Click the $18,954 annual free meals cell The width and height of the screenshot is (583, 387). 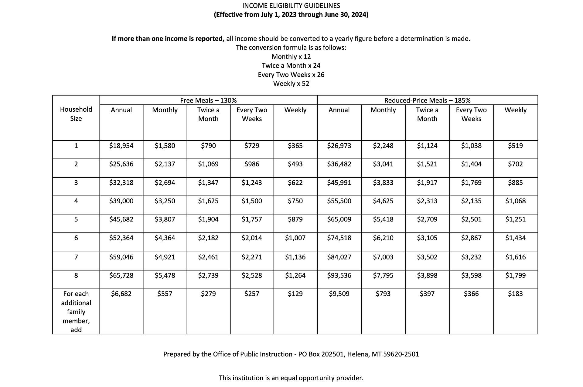(x=121, y=146)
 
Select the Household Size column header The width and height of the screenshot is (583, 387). (x=76, y=114)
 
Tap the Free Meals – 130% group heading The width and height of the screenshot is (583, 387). (x=208, y=100)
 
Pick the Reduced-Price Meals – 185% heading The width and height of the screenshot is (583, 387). (x=427, y=100)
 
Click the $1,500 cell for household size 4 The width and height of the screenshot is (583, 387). (x=252, y=201)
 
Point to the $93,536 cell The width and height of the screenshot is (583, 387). (x=339, y=276)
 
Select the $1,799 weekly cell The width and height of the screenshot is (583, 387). (x=515, y=276)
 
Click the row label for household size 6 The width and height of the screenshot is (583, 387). (x=76, y=238)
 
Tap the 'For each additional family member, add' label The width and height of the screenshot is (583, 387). (x=76, y=312)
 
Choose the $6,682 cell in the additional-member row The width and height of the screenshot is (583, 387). (x=121, y=294)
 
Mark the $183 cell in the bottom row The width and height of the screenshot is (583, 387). (x=515, y=294)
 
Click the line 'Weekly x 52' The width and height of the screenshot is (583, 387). (x=291, y=84)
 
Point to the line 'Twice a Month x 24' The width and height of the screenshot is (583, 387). (x=291, y=66)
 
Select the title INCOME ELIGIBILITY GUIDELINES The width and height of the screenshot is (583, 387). (x=291, y=6)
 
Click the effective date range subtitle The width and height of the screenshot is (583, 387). (x=291, y=15)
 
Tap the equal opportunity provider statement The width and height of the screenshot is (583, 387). (x=291, y=378)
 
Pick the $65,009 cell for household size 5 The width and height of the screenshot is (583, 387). (x=339, y=219)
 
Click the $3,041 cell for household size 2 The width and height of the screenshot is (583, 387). (x=383, y=164)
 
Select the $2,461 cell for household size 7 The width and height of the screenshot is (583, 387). (x=208, y=257)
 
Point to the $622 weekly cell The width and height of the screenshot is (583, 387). (x=295, y=183)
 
